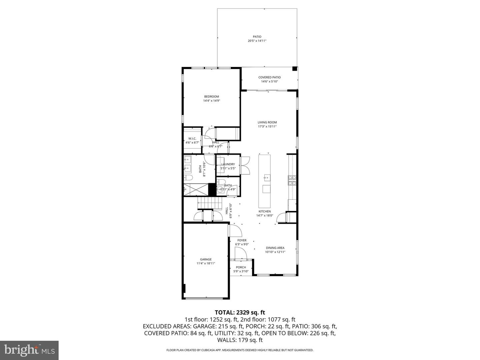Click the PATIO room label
[x=257, y=37]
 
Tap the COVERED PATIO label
[x=269, y=77]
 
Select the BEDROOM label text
[x=211, y=97]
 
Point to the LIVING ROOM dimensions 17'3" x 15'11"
[x=267, y=126]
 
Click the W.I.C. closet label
[x=192, y=138]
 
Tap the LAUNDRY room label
[x=228, y=164]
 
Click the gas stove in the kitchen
[x=292, y=180]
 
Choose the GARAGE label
[x=206, y=259]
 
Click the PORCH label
[x=241, y=267]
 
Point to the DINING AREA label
[x=275, y=248]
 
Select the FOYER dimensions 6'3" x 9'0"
[x=242, y=244]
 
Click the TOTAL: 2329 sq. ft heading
[x=240, y=312]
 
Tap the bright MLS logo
[x=29, y=350]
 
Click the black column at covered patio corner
[x=294, y=69]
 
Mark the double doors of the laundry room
[x=245, y=165]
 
